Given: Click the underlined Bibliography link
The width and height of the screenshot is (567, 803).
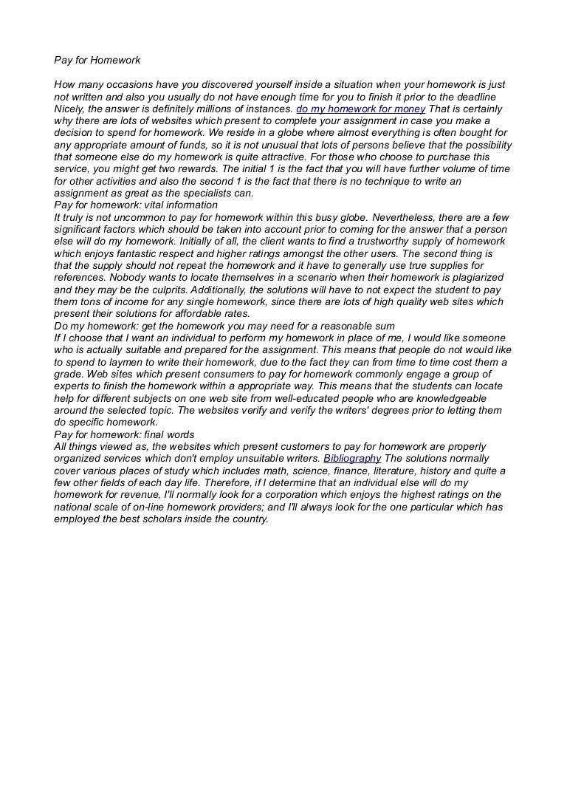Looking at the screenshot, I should pos(352,458).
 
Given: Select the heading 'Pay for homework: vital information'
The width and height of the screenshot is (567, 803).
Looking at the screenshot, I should pos(137,205).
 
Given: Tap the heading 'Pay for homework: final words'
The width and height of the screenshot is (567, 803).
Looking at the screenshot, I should pos(124,434).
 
